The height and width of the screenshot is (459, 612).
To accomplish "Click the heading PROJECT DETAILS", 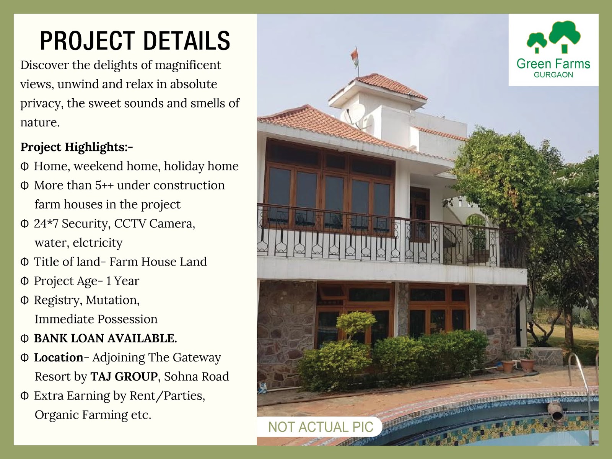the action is [x=135, y=41].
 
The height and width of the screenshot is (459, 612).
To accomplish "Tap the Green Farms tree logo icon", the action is [x=553, y=37].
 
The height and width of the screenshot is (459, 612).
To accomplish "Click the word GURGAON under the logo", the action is [x=553, y=75].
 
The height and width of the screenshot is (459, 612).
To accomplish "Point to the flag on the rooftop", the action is [x=354, y=58].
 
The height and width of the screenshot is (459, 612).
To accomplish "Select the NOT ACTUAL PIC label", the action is [x=321, y=427].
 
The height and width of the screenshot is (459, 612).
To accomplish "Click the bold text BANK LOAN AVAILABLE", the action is [x=106, y=339].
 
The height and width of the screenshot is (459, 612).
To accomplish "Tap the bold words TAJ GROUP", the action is [x=124, y=376].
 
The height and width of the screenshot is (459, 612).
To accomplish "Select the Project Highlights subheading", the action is [x=76, y=147].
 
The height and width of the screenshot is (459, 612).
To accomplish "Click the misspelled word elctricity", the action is [x=98, y=243].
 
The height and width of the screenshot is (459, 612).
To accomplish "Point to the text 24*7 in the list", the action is [x=46, y=223].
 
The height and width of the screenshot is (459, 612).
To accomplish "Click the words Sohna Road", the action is [x=196, y=376].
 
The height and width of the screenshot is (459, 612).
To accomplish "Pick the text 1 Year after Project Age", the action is [x=123, y=281].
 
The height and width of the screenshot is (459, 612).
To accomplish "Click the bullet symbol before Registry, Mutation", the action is [x=24, y=300].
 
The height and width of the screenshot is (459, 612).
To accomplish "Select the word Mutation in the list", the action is [x=112, y=300].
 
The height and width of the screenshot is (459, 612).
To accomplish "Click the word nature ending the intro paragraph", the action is [x=40, y=123].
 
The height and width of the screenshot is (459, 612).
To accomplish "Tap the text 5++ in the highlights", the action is [x=104, y=186].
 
